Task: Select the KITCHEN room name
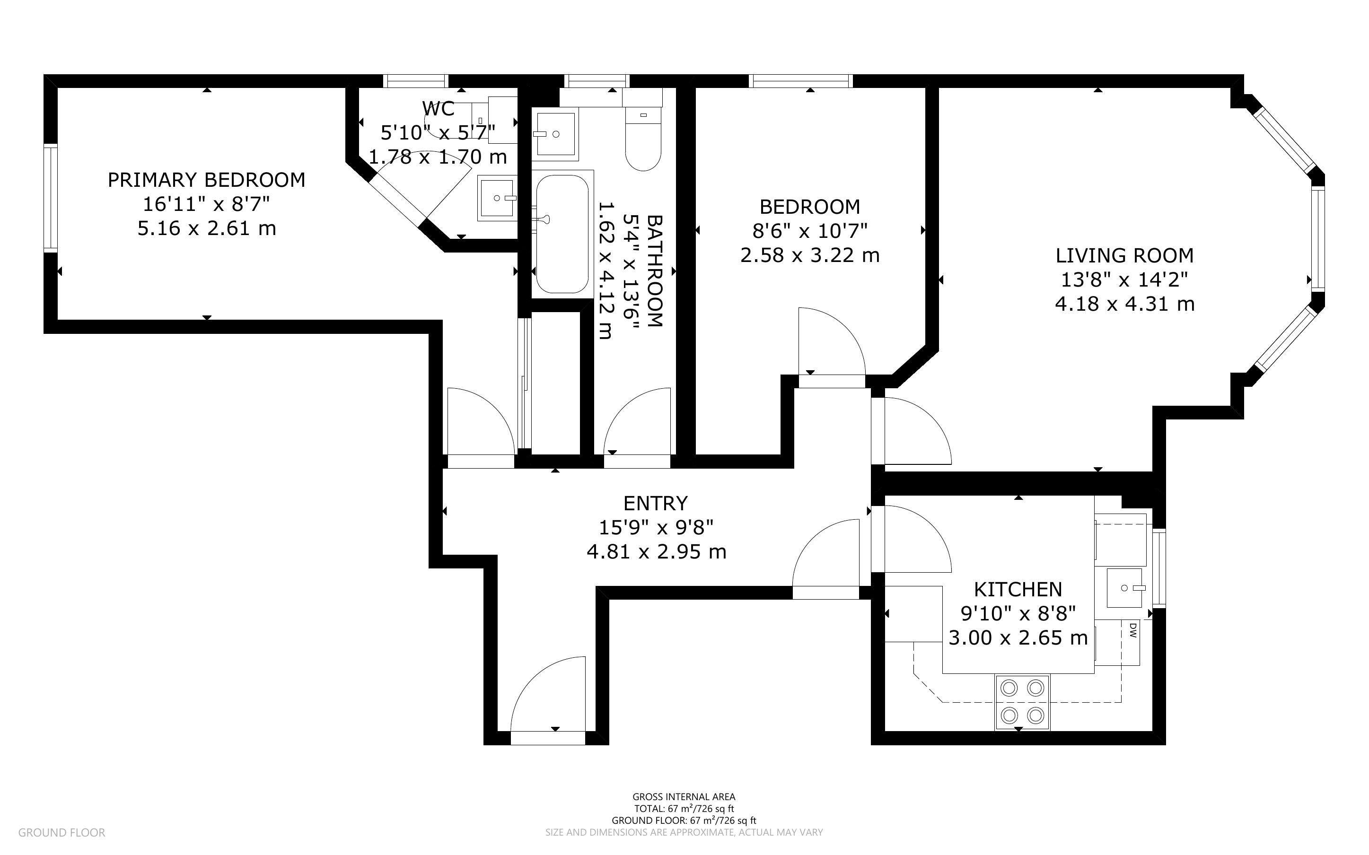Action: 1018,590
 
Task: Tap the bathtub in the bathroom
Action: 562,234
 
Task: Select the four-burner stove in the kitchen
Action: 1022,703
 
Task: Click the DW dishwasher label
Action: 1132,630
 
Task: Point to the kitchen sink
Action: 1124,588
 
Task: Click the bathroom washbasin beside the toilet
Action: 555,133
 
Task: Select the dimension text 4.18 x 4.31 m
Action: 1125,304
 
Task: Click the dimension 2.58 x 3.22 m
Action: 810,255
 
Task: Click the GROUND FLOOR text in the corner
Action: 61,832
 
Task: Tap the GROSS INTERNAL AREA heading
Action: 684,797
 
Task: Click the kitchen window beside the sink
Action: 1158,568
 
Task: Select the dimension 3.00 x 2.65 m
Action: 1018,638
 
